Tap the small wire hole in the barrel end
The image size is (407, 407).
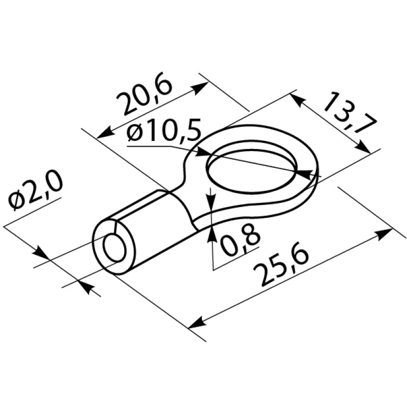[x=114, y=248]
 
